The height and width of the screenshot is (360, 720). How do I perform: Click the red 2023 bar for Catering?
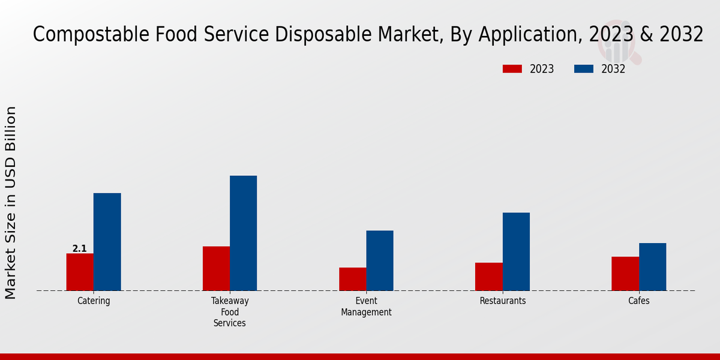point(80,272)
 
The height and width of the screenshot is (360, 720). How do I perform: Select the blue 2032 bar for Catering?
point(107,242)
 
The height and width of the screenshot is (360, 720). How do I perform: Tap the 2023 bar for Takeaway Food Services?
point(216,268)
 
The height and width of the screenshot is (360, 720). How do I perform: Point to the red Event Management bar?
point(352,279)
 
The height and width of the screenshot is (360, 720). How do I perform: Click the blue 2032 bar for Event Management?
point(380,260)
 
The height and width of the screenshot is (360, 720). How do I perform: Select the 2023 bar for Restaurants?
point(488,277)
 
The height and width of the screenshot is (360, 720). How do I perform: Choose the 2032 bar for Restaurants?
point(516,251)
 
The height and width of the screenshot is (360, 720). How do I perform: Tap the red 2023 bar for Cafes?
point(625,274)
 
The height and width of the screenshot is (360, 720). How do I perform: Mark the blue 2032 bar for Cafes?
point(652,266)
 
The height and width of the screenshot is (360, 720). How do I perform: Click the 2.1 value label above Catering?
point(79,248)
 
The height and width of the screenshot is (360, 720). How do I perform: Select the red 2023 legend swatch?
point(512,69)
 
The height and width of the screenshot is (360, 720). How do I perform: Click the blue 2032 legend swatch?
point(583,69)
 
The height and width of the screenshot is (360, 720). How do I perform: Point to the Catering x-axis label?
point(94,301)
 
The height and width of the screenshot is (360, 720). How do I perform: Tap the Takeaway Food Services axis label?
point(230,312)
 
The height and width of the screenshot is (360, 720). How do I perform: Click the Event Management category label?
point(366,307)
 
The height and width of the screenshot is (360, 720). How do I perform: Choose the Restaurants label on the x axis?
point(503,301)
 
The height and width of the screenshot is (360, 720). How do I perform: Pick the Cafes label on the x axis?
point(639,301)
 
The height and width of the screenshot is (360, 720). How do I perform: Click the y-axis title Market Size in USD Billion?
point(11,202)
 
